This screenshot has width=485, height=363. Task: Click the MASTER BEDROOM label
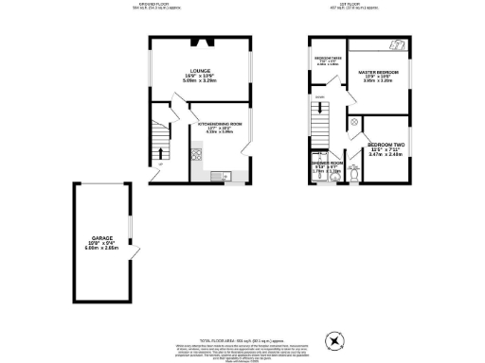[378, 73]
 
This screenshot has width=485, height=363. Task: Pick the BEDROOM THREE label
[328, 59]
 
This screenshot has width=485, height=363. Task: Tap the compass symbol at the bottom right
[333, 341]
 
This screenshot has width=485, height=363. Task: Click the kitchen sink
[216, 174]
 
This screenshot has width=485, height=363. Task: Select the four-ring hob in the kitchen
[196, 158]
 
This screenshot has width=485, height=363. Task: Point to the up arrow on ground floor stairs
[159, 152]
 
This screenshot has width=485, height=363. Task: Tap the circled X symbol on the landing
[352, 122]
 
